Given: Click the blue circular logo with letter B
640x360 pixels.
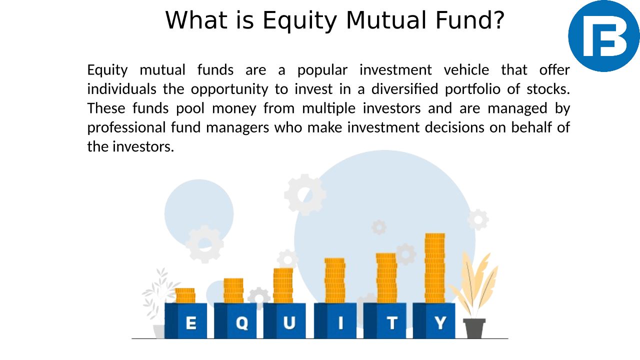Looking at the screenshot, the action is (x=603, y=36).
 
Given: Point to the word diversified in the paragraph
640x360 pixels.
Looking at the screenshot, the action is (x=404, y=89).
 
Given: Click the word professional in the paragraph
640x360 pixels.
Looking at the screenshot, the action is (x=126, y=128).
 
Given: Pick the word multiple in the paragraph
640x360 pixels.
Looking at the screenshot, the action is (x=328, y=109).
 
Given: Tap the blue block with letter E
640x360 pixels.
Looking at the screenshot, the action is (x=185, y=321).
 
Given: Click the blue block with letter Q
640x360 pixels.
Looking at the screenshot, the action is (x=235, y=321).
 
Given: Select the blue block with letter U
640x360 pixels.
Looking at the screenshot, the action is (x=284, y=321).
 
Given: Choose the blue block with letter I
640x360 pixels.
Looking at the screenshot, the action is (x=335, y=321).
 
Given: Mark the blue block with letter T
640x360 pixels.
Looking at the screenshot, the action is (x=385, y=321).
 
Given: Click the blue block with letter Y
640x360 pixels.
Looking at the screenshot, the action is (x=434, y=321).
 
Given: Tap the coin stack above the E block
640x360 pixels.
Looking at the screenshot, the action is (x=185, y=295).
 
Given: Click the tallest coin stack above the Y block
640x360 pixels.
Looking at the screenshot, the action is (x=435, y=268).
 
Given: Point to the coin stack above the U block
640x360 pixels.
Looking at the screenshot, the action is (x=283, y=285).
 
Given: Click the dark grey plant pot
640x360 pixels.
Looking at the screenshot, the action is (x=474, y=328).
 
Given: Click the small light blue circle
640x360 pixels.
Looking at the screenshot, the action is (x=199, y=213).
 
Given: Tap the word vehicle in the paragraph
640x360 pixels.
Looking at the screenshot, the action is (x=466, y=70).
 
